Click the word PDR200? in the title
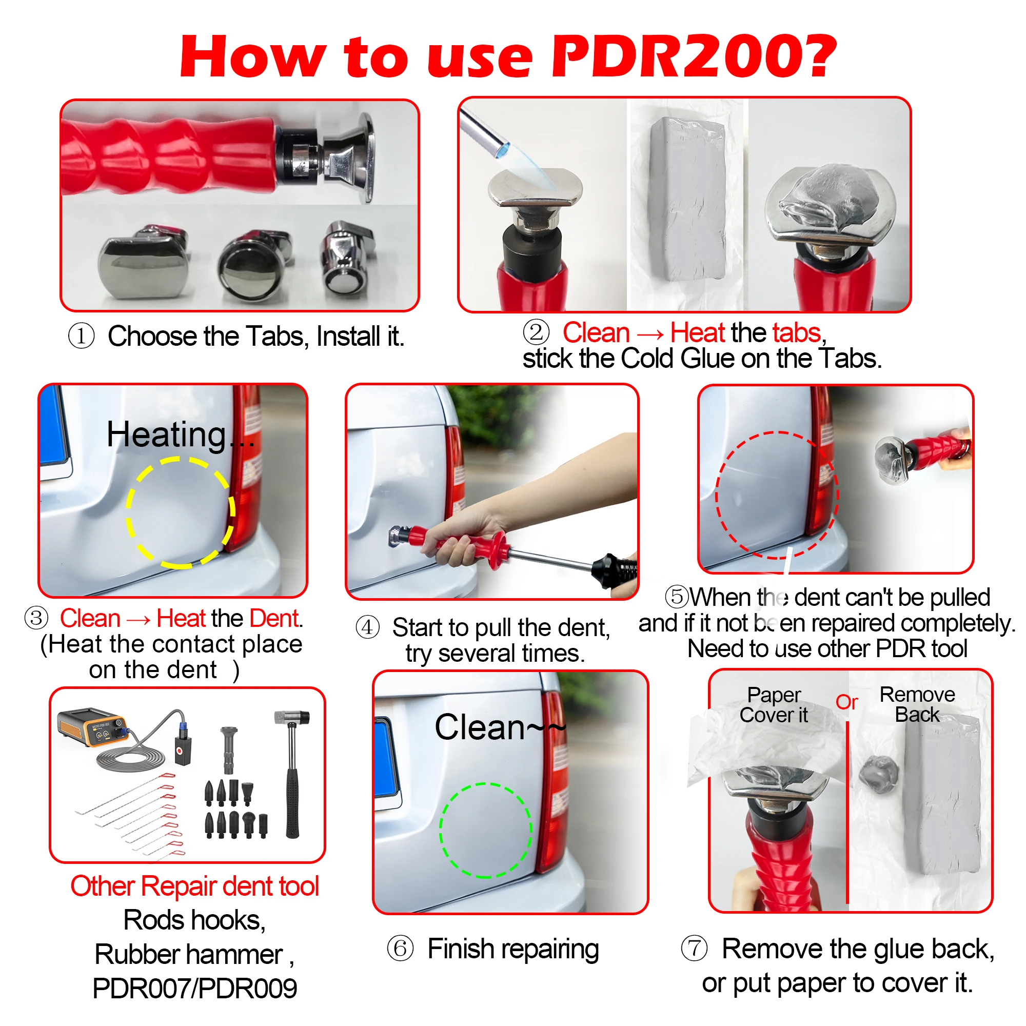tap(693, 56)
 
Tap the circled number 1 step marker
tap(81, 336)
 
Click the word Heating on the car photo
tap(167, 435)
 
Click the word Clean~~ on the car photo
tap(499, 727)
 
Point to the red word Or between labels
tap(846, 702)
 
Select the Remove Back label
tap(917, 705)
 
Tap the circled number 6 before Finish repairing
tap(400, 949)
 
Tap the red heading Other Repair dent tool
tap(194, 886)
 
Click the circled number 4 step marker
tap(367, 627)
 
